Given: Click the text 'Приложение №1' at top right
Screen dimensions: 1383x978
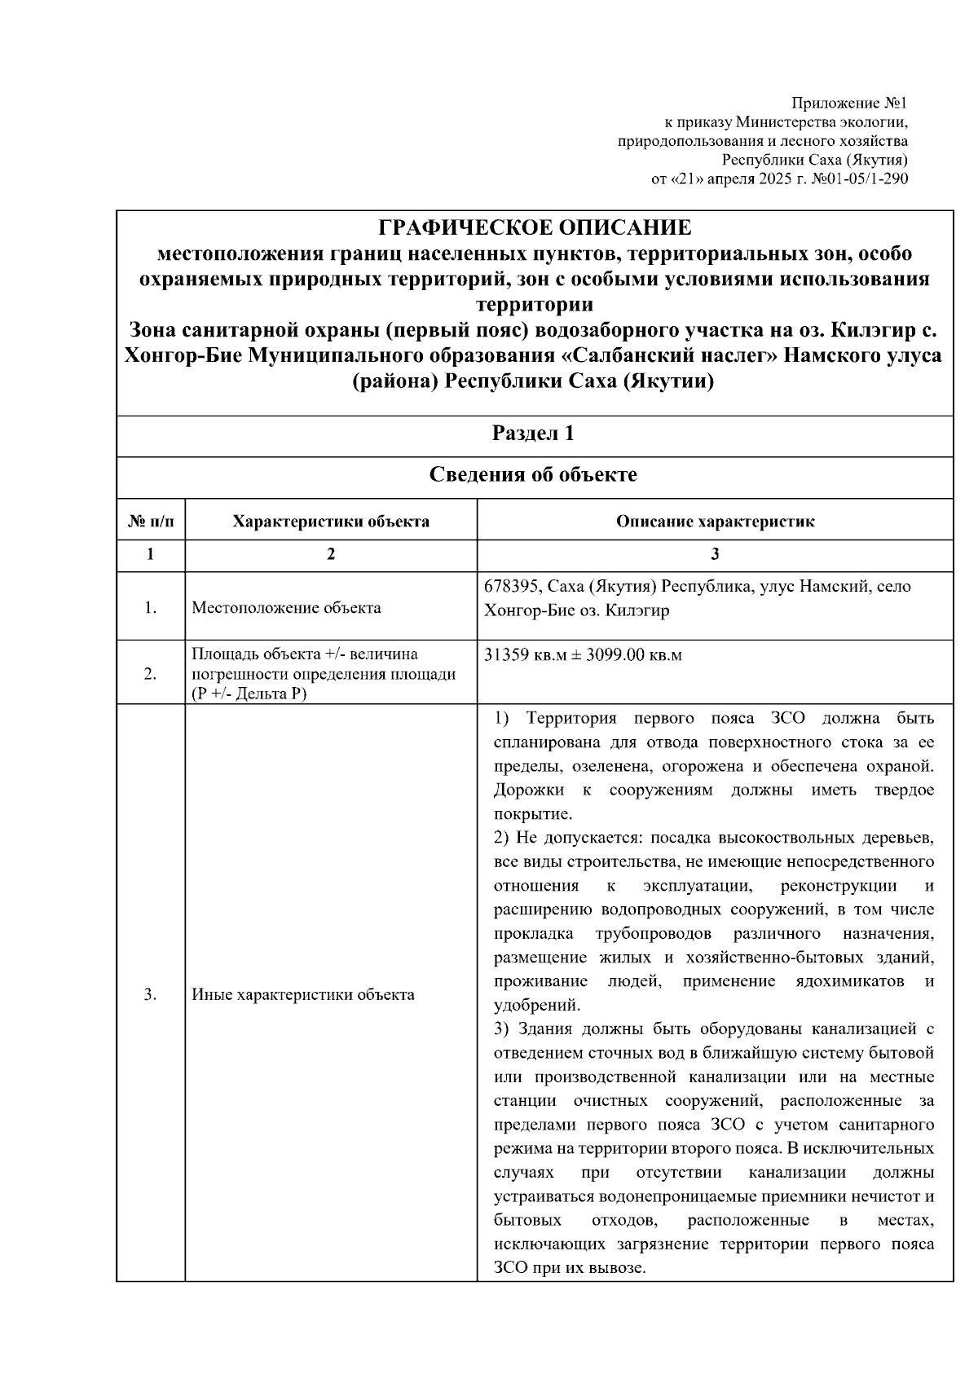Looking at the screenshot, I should pyautogui.click(x=849, y=104).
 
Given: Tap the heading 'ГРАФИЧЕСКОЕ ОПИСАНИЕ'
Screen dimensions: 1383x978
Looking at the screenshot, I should pyautogui.click(x=535, y=227).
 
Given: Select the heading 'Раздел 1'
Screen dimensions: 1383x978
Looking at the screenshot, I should pyautogui.click(x=534, y=434).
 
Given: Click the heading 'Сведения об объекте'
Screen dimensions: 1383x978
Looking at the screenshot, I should pyautogui.click(x=534, y=475).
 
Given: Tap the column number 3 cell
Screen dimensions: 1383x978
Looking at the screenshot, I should pyautogui.click(x=715, y=555).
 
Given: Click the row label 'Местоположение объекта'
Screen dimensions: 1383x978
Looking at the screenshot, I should pyautogui.click(x=286, y=608).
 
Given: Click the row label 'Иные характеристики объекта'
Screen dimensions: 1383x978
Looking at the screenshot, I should pyautogui.click(x=303, y=994).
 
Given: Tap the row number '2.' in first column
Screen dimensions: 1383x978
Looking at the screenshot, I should pyautogui.click(x=151, y=673).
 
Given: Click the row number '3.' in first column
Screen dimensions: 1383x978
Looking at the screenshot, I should pyautogui.click(x=151, y=994).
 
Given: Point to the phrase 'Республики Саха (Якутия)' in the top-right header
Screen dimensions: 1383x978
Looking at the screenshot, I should pyautogui.click(x=815, y=160).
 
